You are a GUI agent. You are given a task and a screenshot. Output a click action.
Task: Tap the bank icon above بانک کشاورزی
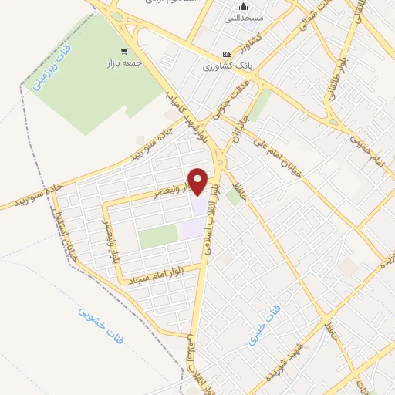pyautogui.click(x=226, y=54)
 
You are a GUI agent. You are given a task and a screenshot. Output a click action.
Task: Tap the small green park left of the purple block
pyautogui.click(x=157, y=237)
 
